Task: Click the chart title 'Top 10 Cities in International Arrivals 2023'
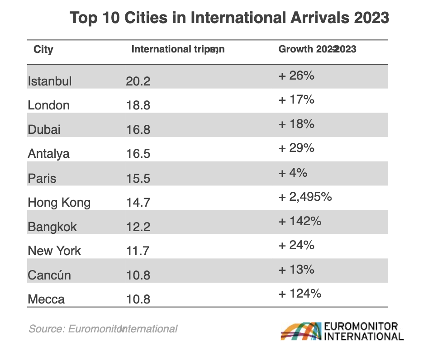tap(229, 18)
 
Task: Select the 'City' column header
tap(43, 49)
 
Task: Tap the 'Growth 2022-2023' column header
tap(317, 49)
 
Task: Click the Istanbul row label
tap(50, 81)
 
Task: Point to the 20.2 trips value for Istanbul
tap(138, 81)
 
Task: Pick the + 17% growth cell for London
tap(296, 99)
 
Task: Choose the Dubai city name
tap(44, 130)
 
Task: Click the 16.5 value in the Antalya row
tap(138, 154)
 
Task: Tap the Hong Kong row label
tap(59, 202)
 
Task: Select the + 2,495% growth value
tap(305, 197)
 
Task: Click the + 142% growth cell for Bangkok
tap(300, 221)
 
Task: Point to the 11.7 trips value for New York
tap(138, 251)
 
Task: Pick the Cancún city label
tap(49, 275)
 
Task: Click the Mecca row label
tap(46, 299)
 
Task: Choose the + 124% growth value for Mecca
tap(300, 294)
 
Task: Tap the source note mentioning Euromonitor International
tap(103, 329)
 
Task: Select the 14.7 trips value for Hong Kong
tap(138, 202)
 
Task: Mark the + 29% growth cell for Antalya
tap(296, 148)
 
